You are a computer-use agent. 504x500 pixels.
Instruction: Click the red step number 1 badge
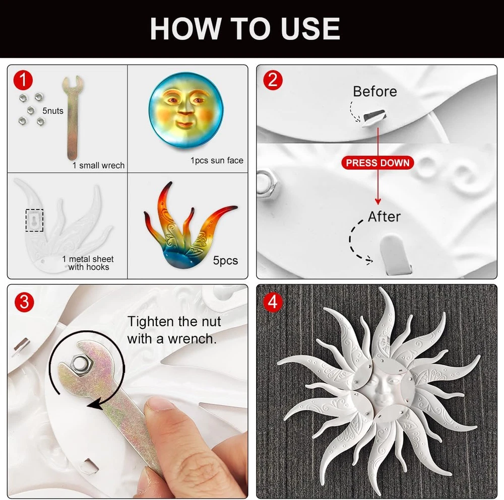pyautogui.click(x=23, y=80)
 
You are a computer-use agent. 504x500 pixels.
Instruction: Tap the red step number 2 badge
pyautogui.click(x=273, y=80)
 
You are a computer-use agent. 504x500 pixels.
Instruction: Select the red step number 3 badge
pyautogui.click(x=24, y=302)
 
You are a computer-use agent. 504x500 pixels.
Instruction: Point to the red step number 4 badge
pyautogui.click(x=273, y=302)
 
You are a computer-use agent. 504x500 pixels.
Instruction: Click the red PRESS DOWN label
pyautogui.click(x=377, y=163)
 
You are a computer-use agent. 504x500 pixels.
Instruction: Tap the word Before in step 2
pyautogui.click(x=375, y=92)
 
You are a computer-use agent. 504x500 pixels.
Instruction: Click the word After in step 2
pyautogui.click(x=384, y=217)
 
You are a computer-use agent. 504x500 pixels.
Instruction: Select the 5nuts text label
pyautogui.click(x=53, y=111)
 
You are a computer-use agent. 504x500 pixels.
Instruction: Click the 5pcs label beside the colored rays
pyautogui.click(x=225, y=260)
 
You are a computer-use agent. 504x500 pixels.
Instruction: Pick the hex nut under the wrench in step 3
pyautogui.click(x=81, y=363)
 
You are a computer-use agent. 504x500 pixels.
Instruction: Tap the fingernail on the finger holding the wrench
pyautogui.click(x=157, y=404)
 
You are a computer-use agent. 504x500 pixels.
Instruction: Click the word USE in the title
pyautogui.click(x=310, y=29)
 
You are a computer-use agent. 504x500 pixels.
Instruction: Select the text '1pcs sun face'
pyautogui.click(x=217, y=160)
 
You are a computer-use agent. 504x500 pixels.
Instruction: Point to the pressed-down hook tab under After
pyautogui.click(x=395, y=254)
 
